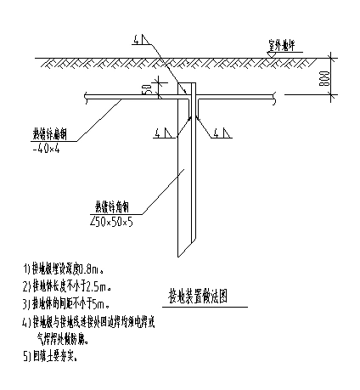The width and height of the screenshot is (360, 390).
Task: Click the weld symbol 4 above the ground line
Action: click(137, 41)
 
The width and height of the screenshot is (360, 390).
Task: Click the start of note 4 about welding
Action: click(34, 324)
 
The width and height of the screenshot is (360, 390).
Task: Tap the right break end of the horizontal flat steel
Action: click(275, 96)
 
